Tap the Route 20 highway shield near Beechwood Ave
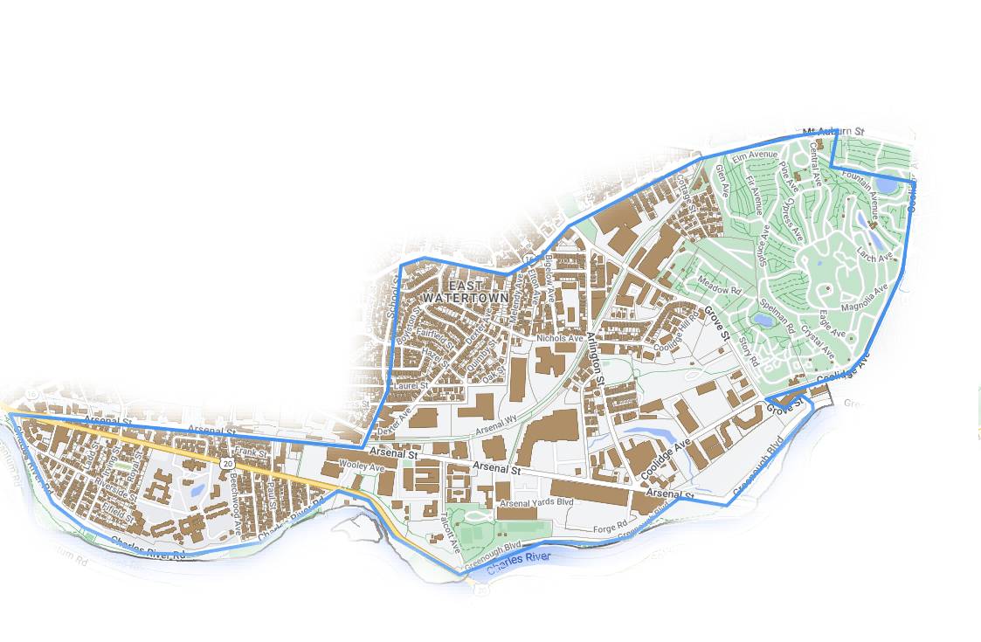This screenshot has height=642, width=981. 227,464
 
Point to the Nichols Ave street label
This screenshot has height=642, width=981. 559,338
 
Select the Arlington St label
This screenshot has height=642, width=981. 596,358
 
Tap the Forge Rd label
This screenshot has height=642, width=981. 611,526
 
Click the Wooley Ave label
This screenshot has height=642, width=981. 362,467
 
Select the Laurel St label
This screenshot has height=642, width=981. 411,384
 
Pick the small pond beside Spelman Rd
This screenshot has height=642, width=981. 763,321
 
